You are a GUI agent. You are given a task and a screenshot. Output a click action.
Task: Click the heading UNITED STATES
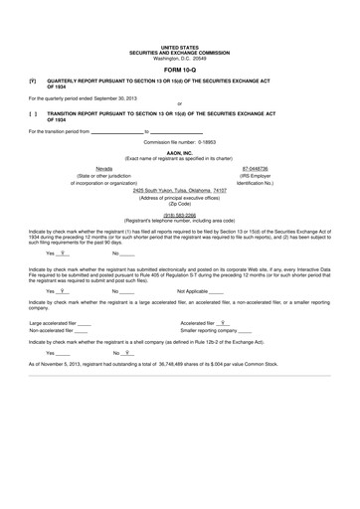(x=179, y=47)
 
